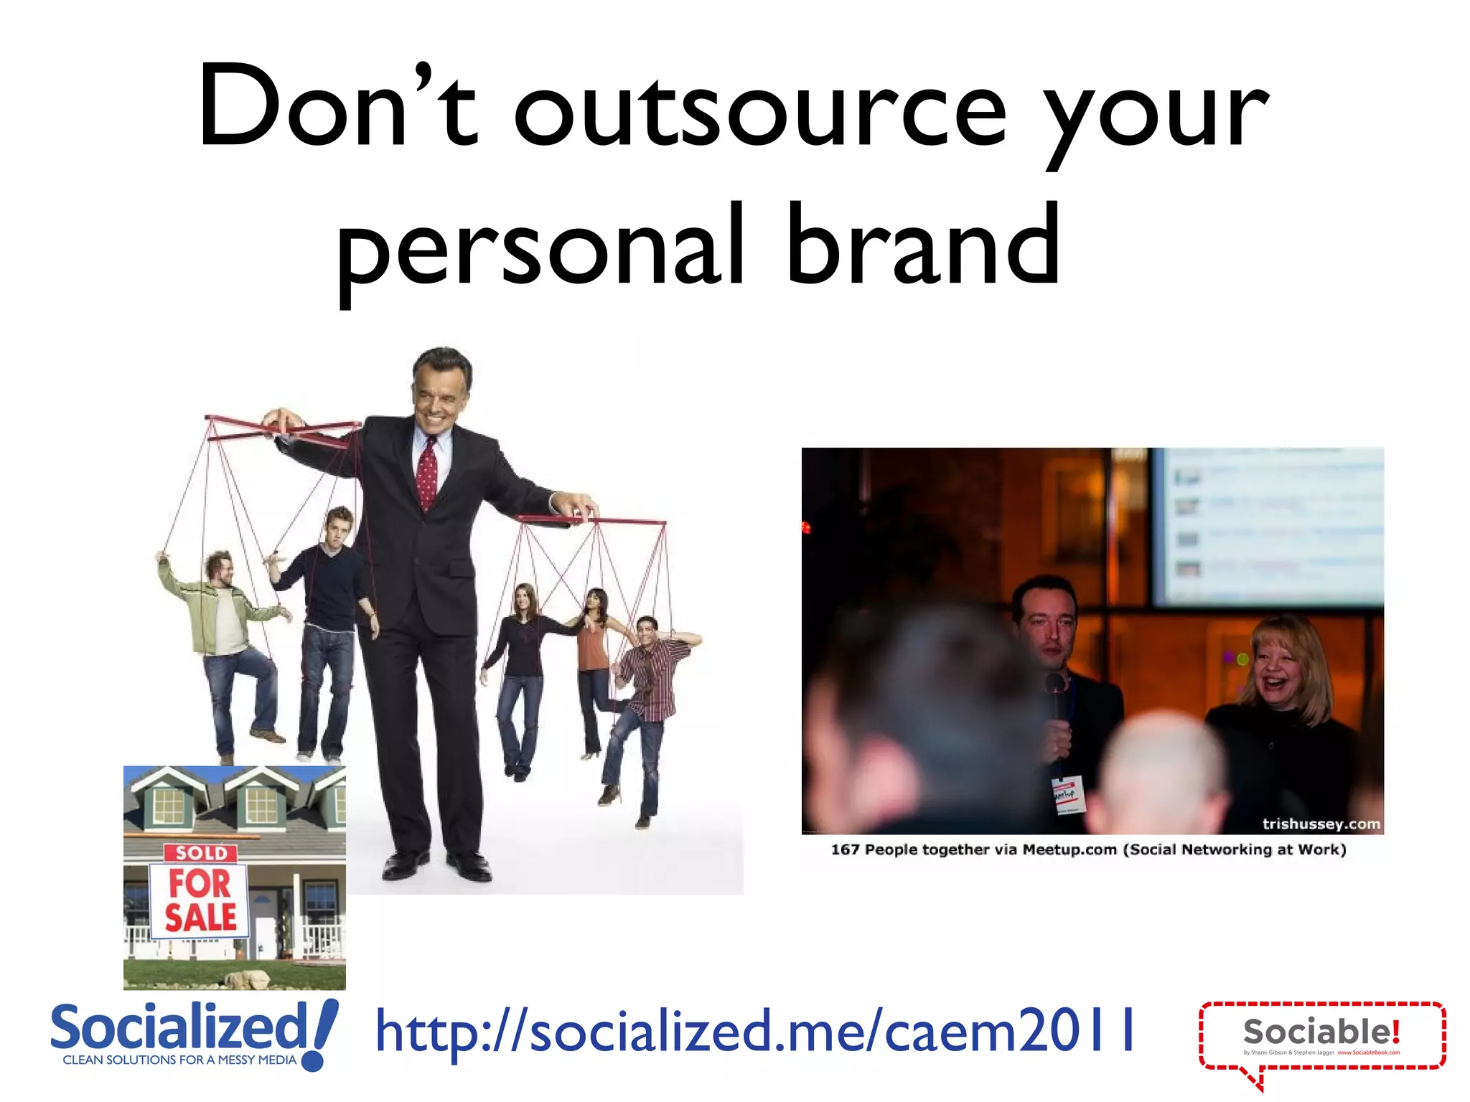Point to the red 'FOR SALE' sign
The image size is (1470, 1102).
[x=200, y=900]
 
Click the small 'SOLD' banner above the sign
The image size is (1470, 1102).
[x=201, y=852]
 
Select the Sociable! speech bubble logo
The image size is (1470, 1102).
[x=1321, y=1037]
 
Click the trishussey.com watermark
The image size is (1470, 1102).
[x=1321, y=824]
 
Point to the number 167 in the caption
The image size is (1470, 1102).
[x=844, y=849]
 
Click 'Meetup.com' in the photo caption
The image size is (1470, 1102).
[x=1069, y=849]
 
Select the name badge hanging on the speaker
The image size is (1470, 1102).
[x=1067, y=794]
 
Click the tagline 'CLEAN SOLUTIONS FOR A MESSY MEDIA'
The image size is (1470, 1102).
[x=179, y=1060]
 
